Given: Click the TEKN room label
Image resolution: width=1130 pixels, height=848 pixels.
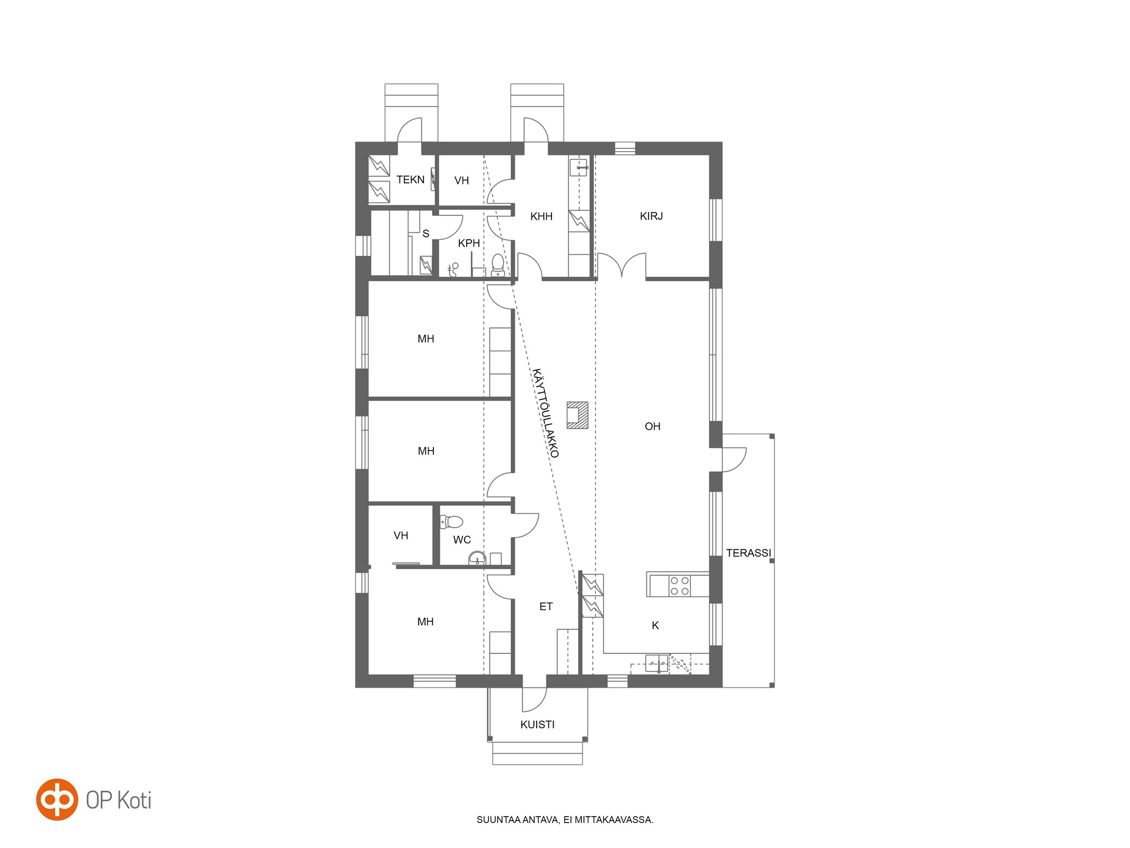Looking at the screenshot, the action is pos(411,180).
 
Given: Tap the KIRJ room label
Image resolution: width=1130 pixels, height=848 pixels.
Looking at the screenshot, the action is pos(651,216).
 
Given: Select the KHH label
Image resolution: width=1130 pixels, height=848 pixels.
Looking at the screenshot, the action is pos(541,216).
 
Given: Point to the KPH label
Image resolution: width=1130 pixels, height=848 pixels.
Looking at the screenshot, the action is pos(469,243).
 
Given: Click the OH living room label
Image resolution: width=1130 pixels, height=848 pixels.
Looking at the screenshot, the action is pos(653,426).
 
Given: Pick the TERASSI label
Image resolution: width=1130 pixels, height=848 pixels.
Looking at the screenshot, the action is pos(748,553).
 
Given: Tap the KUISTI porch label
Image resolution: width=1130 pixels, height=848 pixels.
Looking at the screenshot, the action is pos(537,725).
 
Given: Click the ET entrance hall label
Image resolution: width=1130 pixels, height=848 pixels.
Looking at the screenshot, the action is pos(546,606).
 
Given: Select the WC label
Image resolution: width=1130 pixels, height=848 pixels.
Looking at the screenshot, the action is pos(461,540).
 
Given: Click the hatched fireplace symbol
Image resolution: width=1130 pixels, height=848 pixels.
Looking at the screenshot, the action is pos(577,415).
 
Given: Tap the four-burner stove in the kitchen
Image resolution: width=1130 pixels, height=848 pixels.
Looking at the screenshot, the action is pos(680,586).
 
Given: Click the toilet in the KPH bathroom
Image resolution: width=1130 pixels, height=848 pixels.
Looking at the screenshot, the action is pos(497,265).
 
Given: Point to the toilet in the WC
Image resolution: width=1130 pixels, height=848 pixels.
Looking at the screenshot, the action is pos(452,522).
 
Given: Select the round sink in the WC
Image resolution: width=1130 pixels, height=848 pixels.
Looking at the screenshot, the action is pos(477,558).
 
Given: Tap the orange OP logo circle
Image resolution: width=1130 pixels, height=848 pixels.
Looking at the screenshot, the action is pos(57,800).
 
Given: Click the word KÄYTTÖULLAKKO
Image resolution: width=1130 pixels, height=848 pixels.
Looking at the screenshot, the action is pos(546,413).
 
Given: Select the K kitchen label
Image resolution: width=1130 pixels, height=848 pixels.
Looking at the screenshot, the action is pos(655,625).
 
